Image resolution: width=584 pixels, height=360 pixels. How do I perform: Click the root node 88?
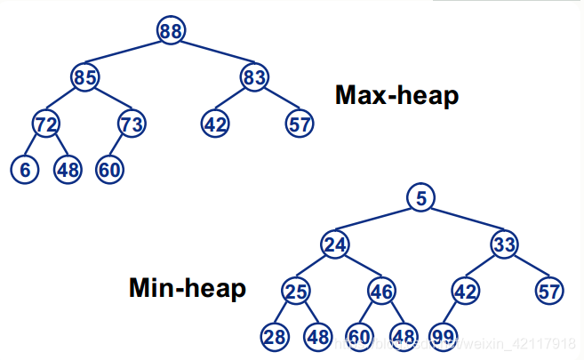click(171, 30)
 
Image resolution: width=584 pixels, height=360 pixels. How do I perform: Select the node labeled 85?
click(85, 77)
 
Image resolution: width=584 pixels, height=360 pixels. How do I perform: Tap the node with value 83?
click(253, 77)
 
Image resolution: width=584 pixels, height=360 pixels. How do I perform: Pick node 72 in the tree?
click(45, 124)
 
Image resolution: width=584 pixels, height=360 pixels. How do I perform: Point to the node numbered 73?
click(132, 124)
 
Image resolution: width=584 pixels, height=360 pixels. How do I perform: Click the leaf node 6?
click(25, 169)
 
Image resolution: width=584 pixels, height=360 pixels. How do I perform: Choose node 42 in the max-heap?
click(214, 124)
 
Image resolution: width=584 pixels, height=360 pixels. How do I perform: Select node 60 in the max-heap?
click(109, 169)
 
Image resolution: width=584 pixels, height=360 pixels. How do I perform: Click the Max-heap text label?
click(396, 95)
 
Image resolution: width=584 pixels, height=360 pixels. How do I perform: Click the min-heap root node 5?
click(421, 198)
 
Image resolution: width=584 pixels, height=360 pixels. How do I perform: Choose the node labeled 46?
click(381, 291)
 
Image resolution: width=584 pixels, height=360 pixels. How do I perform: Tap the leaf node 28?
click(274, 337)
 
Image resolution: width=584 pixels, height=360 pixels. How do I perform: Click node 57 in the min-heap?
click(549, 291)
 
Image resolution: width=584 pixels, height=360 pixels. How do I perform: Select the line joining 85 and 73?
click(108, 100)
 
